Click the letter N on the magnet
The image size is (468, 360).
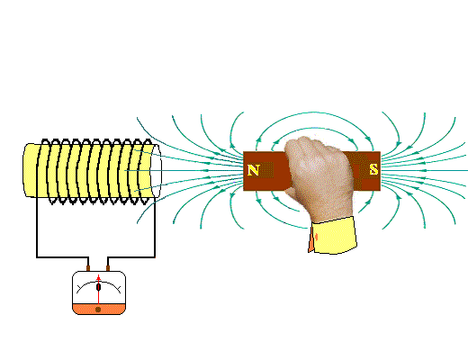coord(253,170)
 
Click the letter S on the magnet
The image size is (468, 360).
coord(373,169)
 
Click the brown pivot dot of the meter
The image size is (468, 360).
coord(98,310)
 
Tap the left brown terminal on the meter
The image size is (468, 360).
coord(88,268)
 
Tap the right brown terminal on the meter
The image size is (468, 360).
coord(108,268)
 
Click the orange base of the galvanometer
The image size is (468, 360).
coord(99,309)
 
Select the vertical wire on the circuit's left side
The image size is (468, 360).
coord(37,227)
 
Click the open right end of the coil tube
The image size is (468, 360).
coord(156,171)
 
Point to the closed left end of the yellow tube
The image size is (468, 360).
coord(28,170)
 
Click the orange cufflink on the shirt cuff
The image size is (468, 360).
coord(316,237)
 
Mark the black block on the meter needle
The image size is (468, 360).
coord(98,287)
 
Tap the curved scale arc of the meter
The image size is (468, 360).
coord(99,283)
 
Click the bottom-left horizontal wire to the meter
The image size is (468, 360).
coord(62,257)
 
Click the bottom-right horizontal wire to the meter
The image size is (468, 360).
coord(131,257)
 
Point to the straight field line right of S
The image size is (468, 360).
coord(424,170)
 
